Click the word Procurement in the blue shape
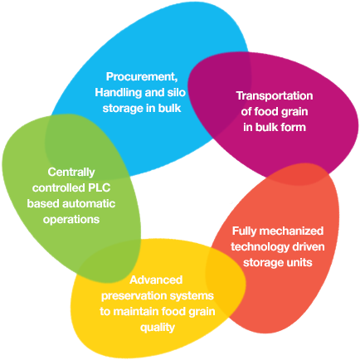[142, 76]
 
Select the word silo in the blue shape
[177, 92]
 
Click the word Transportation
[275, 95]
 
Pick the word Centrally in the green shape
[71, 173]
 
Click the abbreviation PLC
[99, 187]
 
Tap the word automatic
[89, 203]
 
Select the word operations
[71, 220]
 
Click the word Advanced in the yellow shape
[156, 280]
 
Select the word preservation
[134, 296]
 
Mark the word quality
[158, 328]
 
